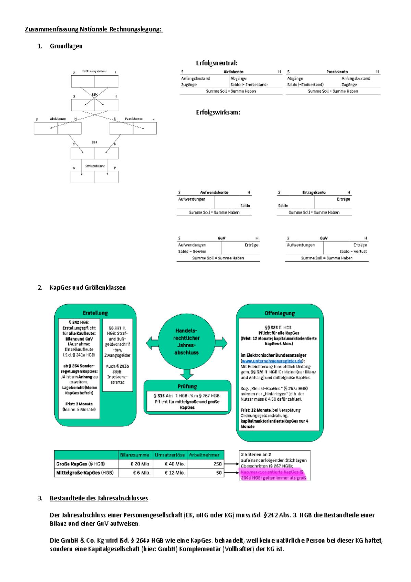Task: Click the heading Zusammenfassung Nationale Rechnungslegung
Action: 93,29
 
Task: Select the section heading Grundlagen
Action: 66,46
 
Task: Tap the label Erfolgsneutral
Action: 216,63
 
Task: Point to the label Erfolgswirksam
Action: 218,112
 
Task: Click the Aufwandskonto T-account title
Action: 214,193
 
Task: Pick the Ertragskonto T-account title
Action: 314,193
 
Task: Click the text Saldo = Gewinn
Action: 192,252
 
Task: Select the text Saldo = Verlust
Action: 353,252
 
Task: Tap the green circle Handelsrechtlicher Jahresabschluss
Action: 187,341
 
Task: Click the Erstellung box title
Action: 95,313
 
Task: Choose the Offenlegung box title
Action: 279,313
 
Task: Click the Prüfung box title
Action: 187,387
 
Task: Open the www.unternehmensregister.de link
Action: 272,361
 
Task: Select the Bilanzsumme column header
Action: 135,455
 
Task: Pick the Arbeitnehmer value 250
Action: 217,464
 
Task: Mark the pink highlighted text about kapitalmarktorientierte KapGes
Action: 274,475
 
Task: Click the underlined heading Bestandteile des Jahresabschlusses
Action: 99,498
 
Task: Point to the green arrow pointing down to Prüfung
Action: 187,374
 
